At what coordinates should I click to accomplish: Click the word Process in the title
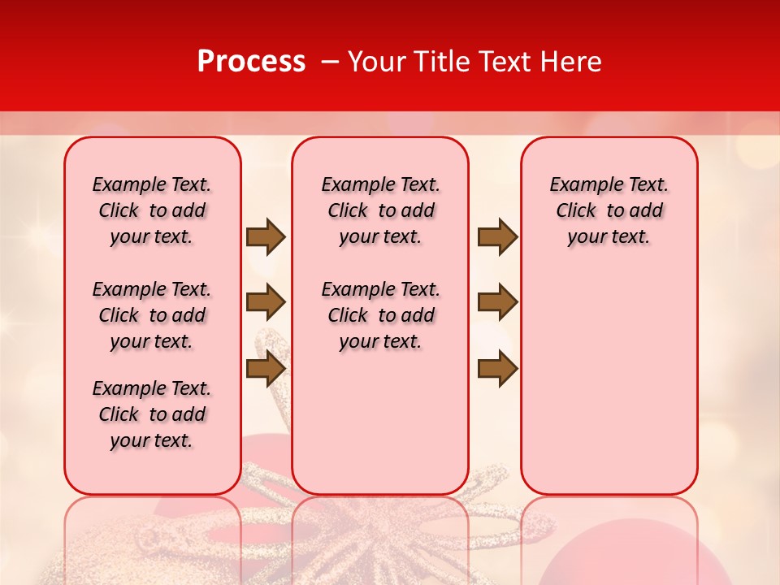(x=251, y=62)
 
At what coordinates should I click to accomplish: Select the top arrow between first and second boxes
(x=266, y=237)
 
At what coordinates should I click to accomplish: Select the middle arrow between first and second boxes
(x=266, y=302)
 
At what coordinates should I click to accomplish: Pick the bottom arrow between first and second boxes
(x=266, y=368)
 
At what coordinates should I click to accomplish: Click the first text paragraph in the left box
(x=152, y=210)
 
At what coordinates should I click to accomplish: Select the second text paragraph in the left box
(x=152, y=315)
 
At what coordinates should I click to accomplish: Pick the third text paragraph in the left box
(x=152, y=414)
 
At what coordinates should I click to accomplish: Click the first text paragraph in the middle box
(x=380, y=210)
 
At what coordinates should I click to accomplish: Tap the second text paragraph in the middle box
(x=380, y=315)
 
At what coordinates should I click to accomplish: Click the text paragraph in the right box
(x=609, y=210)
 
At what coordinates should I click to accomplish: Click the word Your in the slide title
(x=379, y=62)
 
